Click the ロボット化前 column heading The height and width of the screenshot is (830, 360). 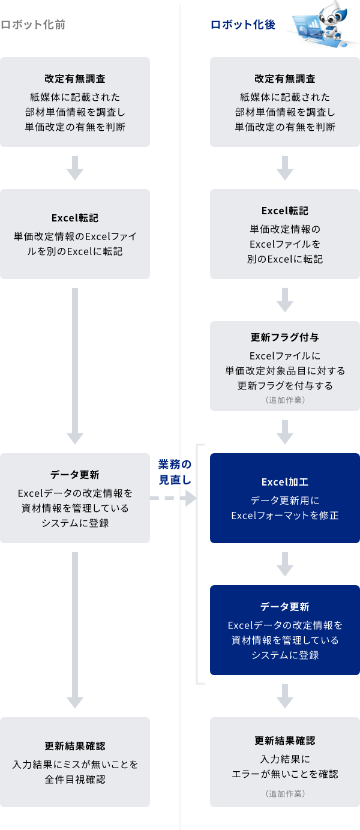33,25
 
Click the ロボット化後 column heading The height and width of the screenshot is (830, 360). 243,25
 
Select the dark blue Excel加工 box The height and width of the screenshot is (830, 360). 285,498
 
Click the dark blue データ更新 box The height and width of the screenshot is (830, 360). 285,630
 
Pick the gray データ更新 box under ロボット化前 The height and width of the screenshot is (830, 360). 75,498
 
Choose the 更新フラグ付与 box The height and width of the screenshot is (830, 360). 285,365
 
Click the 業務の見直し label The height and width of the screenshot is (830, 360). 175,472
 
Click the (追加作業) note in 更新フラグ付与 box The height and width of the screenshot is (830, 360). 285,399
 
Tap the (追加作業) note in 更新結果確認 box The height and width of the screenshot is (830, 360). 285,793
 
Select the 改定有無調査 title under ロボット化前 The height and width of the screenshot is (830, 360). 75,79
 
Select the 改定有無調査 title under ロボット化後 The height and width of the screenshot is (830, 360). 285,79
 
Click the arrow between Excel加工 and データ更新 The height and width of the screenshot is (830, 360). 285,564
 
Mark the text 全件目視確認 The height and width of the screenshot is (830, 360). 75,780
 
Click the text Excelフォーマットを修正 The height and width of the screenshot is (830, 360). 285,516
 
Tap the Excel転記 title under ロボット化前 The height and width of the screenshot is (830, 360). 75,218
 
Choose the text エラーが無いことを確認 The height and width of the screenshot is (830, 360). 285,774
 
